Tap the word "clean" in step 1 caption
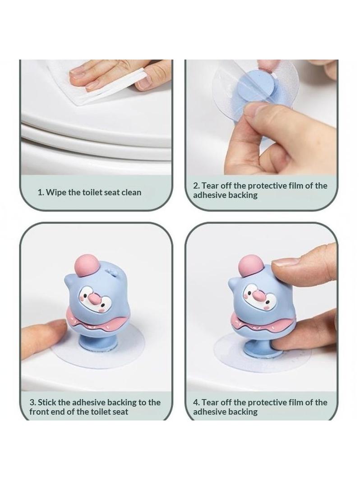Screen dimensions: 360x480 pos(131,193)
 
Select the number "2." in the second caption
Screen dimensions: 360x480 pos(197,186)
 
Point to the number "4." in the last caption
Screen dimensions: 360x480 pos(197,402)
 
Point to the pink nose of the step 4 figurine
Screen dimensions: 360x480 pos(259,295)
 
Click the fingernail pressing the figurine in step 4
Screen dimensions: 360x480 pos(285,263)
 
